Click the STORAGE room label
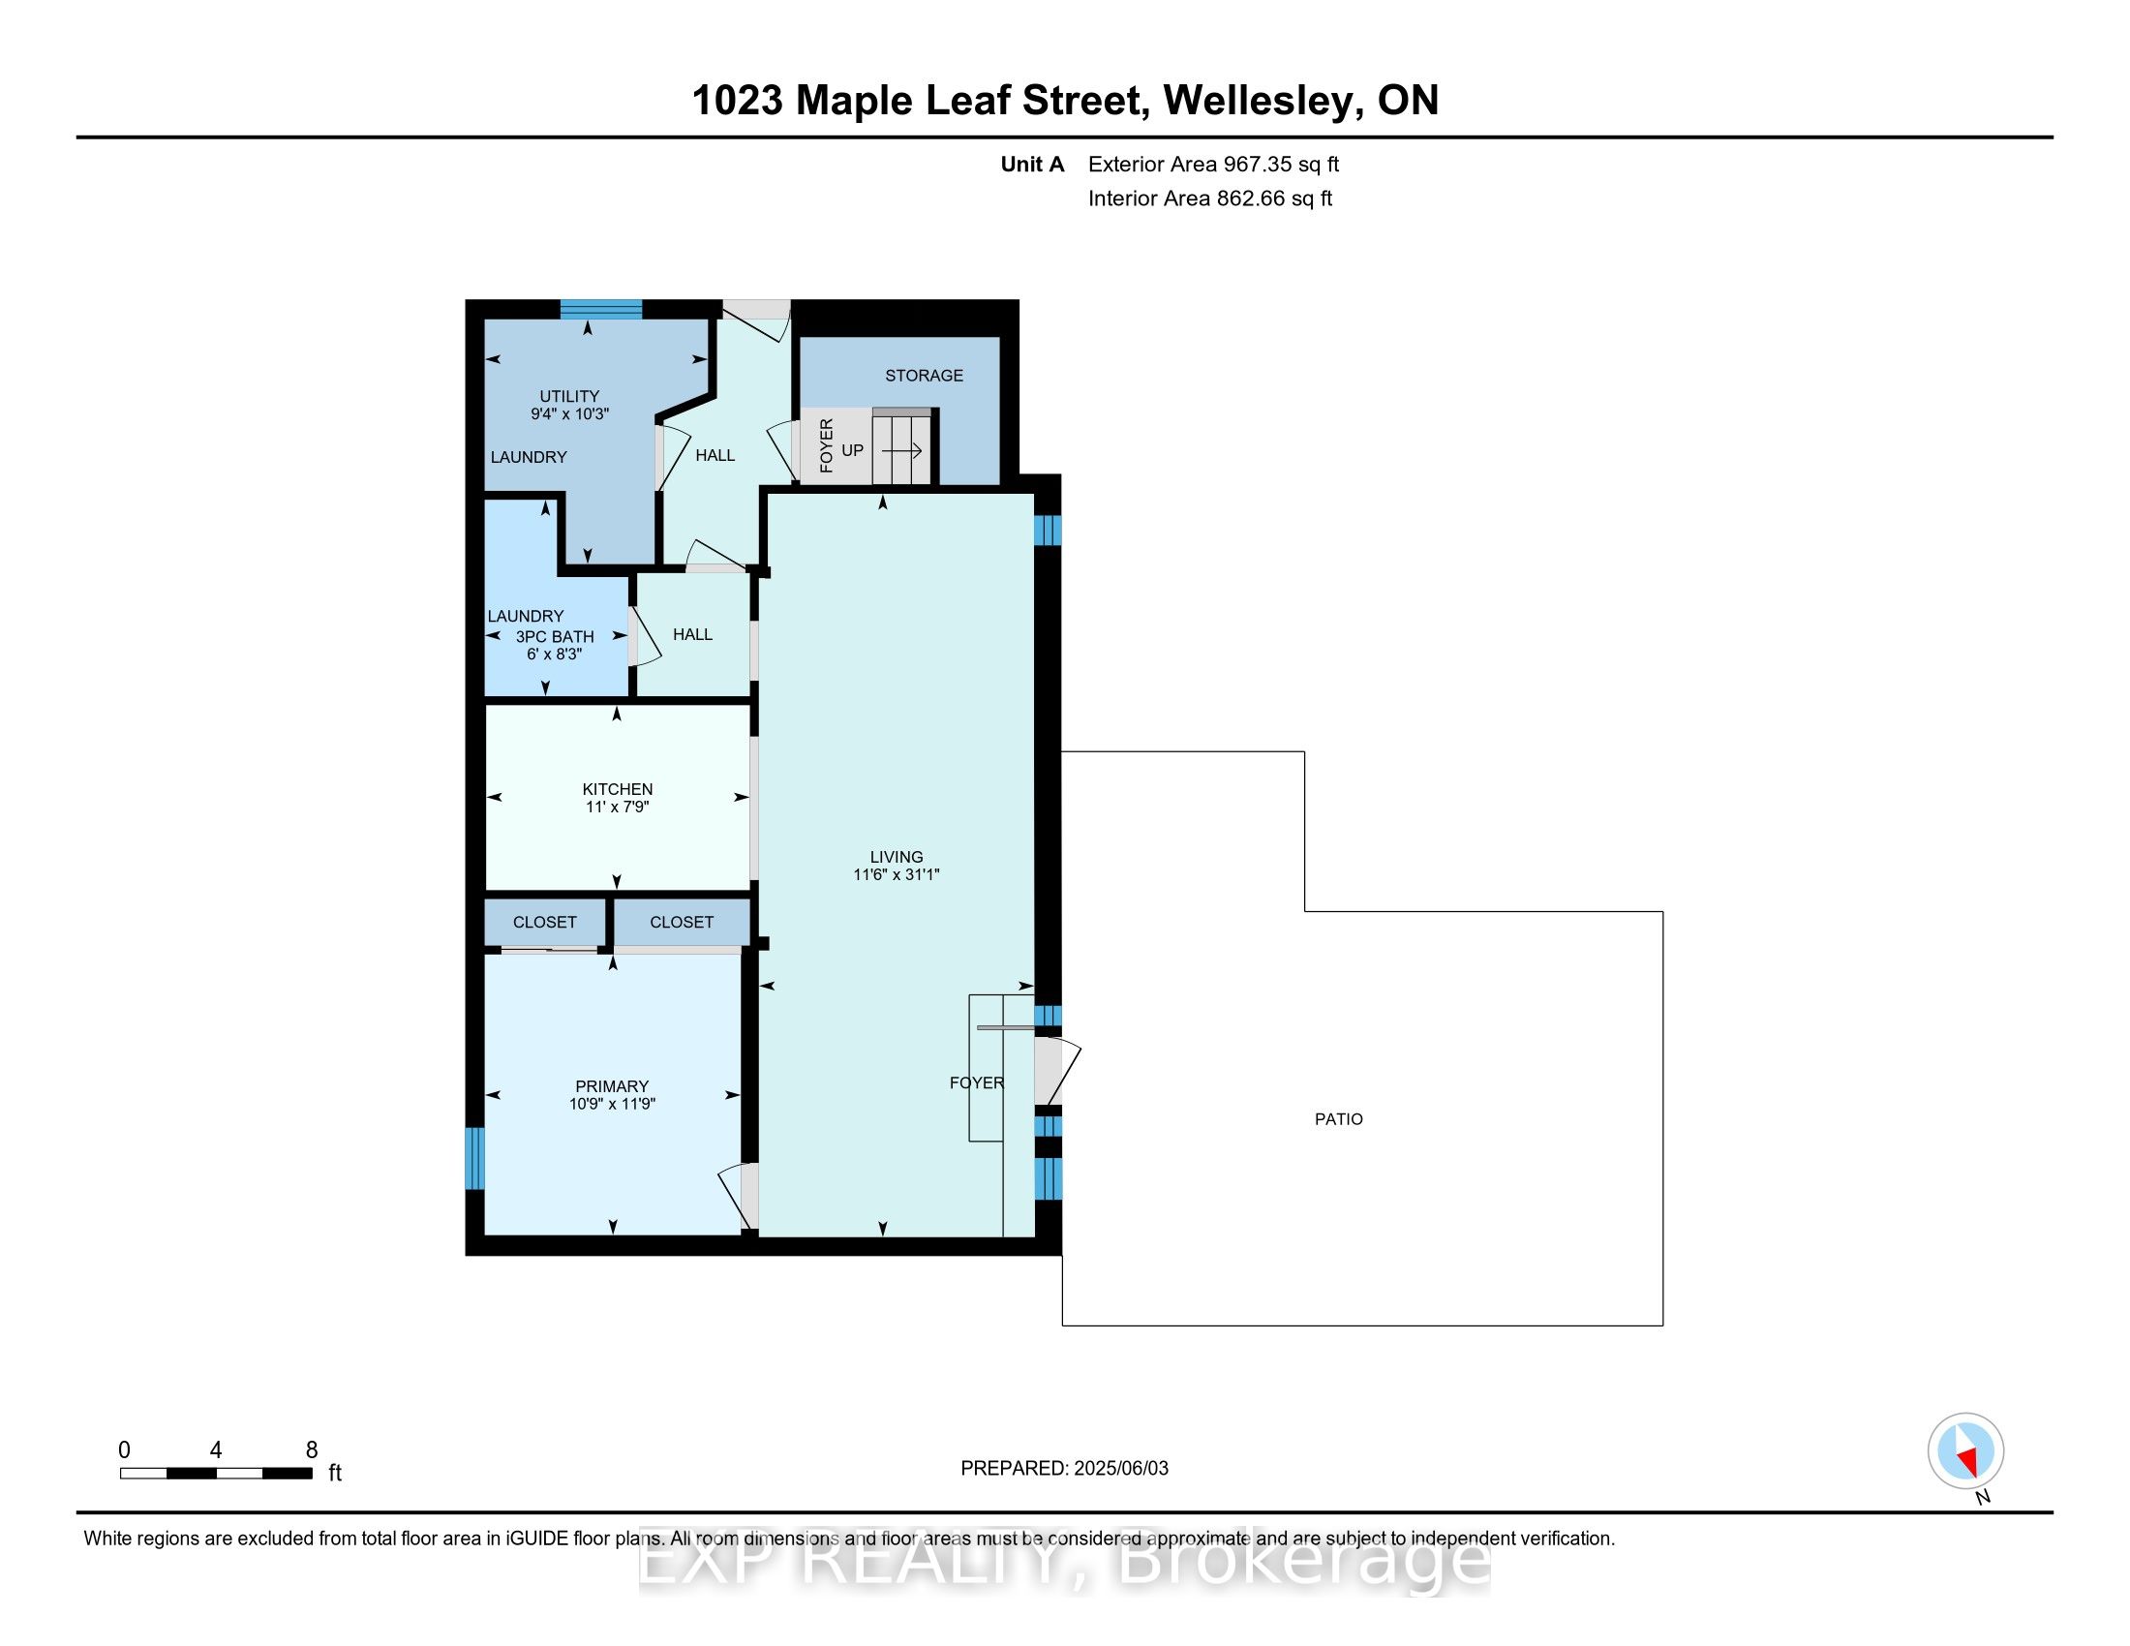[x=924, y=376]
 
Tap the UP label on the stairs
[x=852, y=450]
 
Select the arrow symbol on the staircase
[x=902, y=450]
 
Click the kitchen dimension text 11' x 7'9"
[x=618, y=807]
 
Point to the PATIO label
[x=1338, y=1119]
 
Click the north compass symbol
[x=1965, y=1451]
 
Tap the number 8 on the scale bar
[x=312, y=1450]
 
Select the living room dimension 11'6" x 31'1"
[x=896, y=874]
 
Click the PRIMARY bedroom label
[x=612, y=1086]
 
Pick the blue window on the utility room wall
[x=601, y=309]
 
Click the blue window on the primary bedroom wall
[x=474, y=1158]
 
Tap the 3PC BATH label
[x=554, y=637]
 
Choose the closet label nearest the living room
[x=682, y=922]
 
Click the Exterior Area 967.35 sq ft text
[x=1212, y=165]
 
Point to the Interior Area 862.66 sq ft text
[x=1209, y=198]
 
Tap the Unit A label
[x=1032, y=165]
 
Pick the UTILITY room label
[x=569, y=396]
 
